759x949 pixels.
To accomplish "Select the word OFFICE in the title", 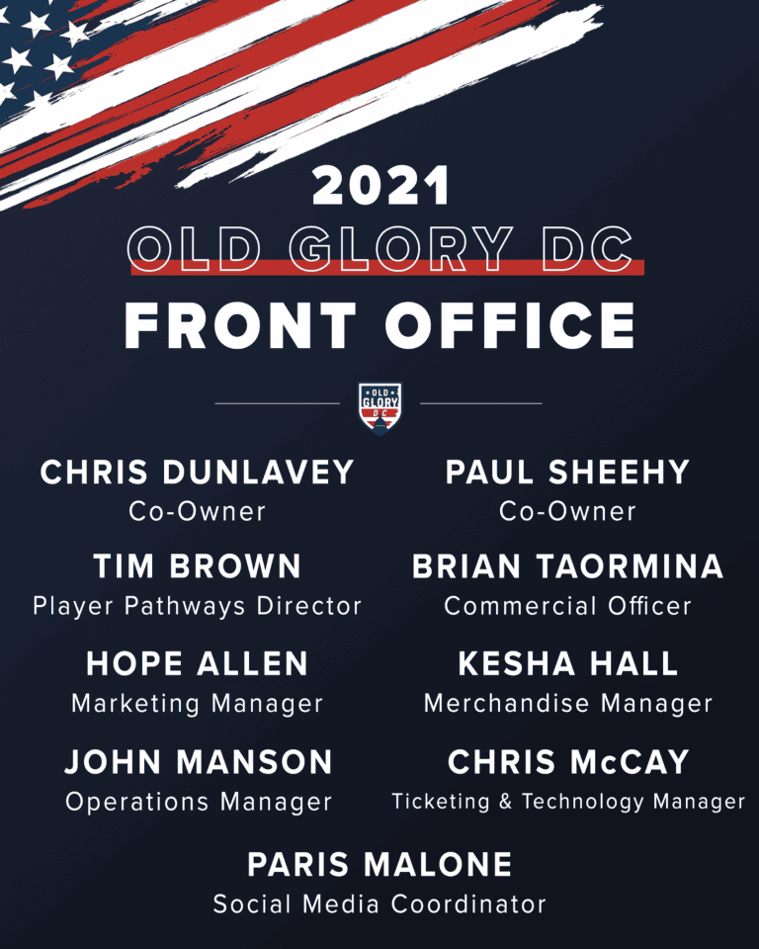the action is tap(510, 325).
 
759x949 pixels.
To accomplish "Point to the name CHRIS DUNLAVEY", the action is tap(198, 473).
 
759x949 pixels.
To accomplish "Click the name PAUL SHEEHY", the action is tap(567, 473).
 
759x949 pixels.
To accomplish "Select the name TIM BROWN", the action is tap(198, 566).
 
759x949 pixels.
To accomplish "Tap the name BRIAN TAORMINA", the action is tap(567, 566).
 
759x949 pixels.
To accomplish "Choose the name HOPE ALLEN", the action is tap(198, 663).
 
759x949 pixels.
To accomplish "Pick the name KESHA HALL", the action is tap(567, 663).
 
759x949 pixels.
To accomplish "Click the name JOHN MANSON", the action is tap(199, 761).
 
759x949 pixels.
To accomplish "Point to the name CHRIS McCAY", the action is tap(568, 761).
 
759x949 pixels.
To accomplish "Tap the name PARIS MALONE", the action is tap(379, 864).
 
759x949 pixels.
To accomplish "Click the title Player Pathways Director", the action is tap(198, 606).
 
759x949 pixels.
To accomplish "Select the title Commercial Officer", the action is tap(567, 606).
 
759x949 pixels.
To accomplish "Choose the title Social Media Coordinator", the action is tap(379, 905).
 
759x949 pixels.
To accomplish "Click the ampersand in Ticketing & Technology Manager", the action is tap(505, 802).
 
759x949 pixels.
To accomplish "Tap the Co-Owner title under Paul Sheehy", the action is tap(567, 511).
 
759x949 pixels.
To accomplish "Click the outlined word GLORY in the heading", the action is tap(401, 249).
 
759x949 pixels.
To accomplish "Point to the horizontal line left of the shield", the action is tap(277, 403).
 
